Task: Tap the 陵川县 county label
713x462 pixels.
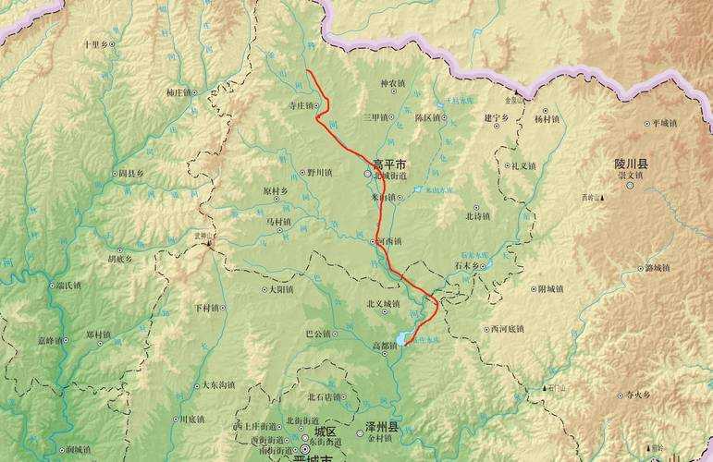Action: pos(632,164)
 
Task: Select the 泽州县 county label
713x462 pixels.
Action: pos(380,429)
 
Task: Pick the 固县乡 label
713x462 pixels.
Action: pos(131,173)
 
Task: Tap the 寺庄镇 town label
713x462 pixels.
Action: pos(301,105)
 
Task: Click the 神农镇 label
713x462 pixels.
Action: pos(392,83)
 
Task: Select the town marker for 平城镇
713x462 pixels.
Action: pos(647,123)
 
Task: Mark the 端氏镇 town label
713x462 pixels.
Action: pos(68,286)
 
